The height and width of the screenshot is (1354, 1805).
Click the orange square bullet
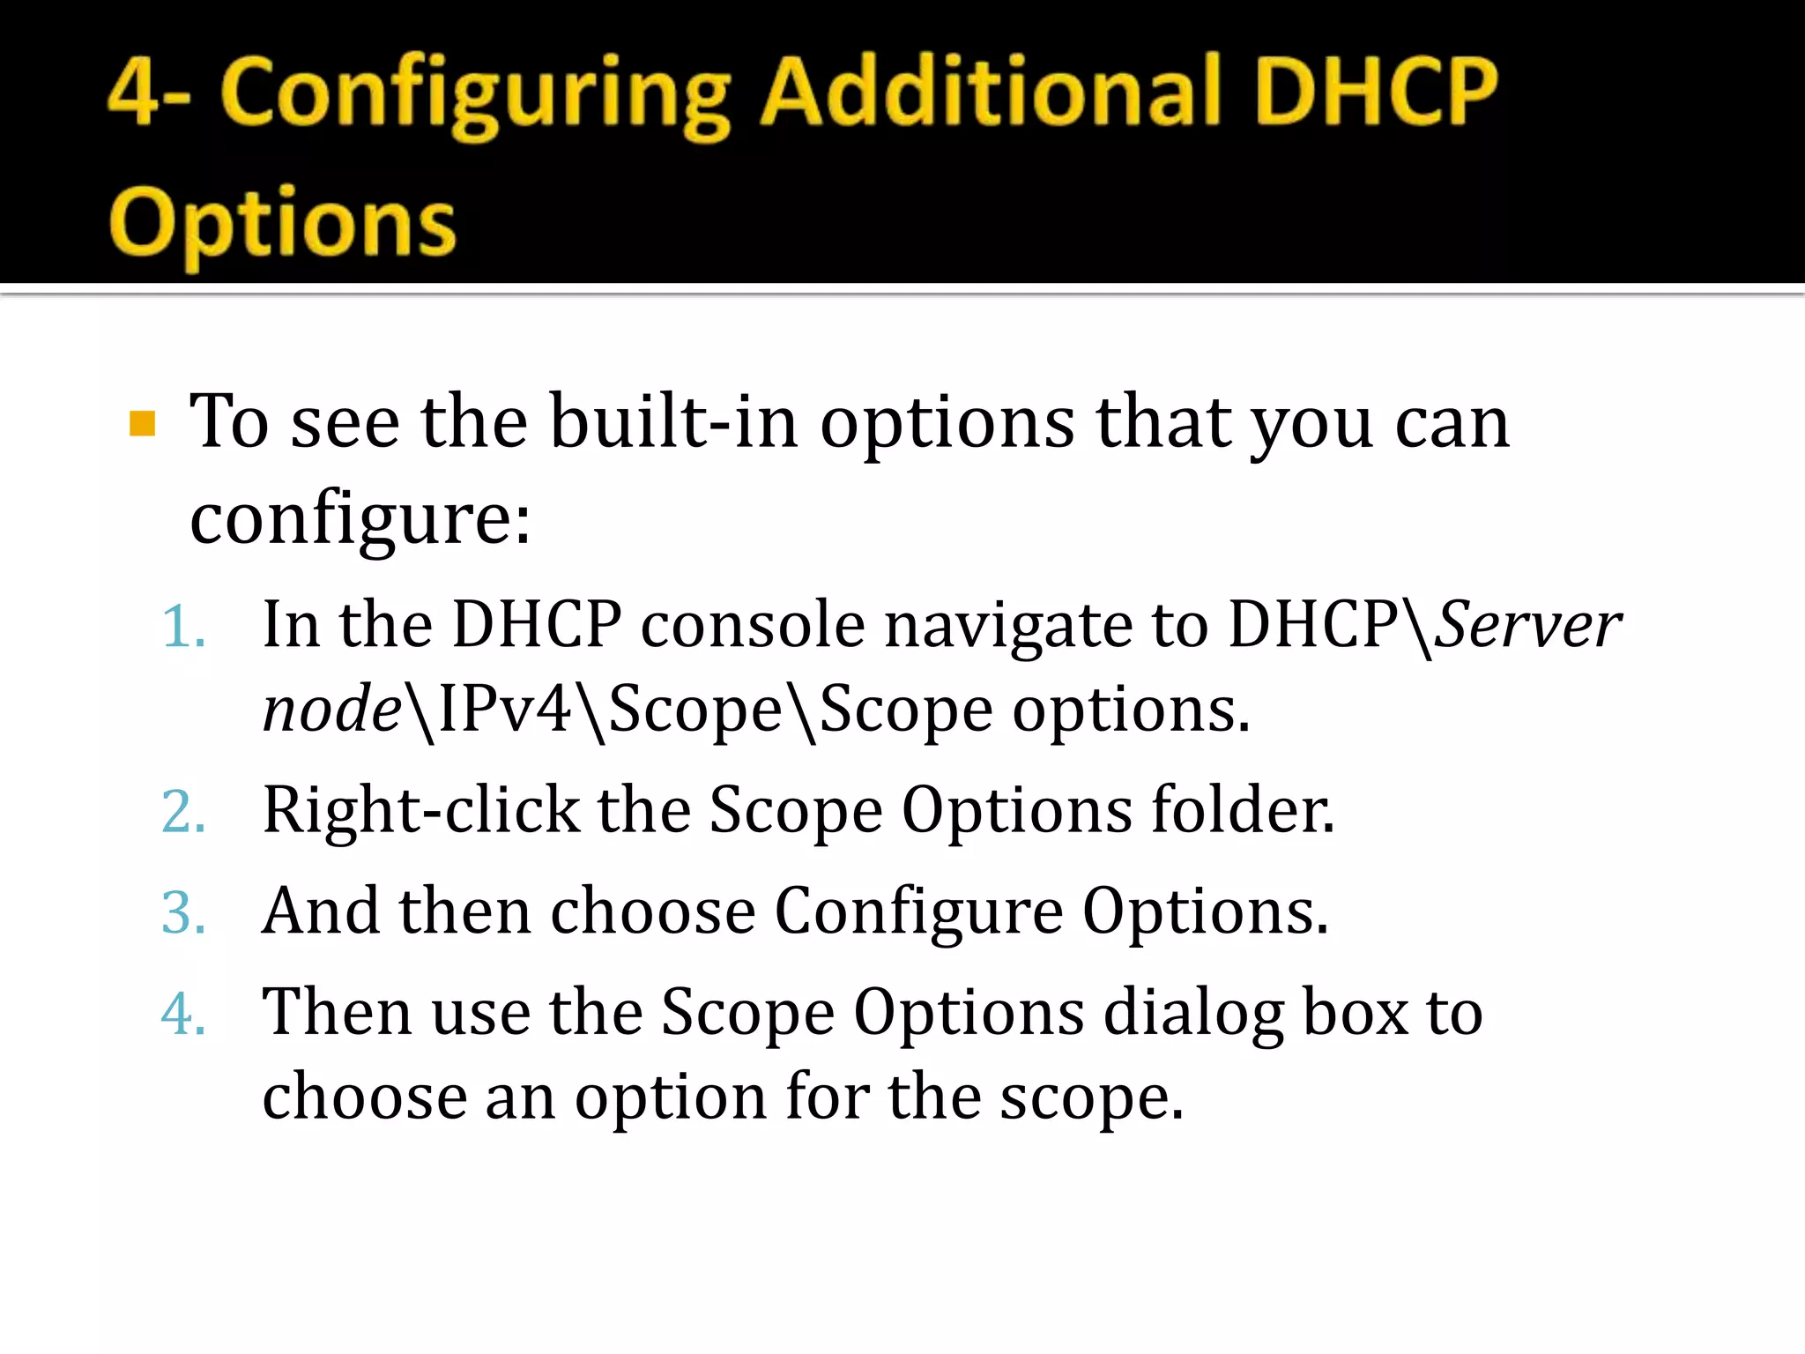142,424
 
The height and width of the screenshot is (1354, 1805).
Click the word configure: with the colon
360,519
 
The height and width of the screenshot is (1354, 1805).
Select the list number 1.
183,628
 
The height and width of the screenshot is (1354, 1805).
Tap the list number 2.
183,812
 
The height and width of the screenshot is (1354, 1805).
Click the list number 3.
183,912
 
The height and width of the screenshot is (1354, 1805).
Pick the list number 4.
183,1014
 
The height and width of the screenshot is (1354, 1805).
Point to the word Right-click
420,810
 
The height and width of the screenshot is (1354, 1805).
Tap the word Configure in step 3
918,912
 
